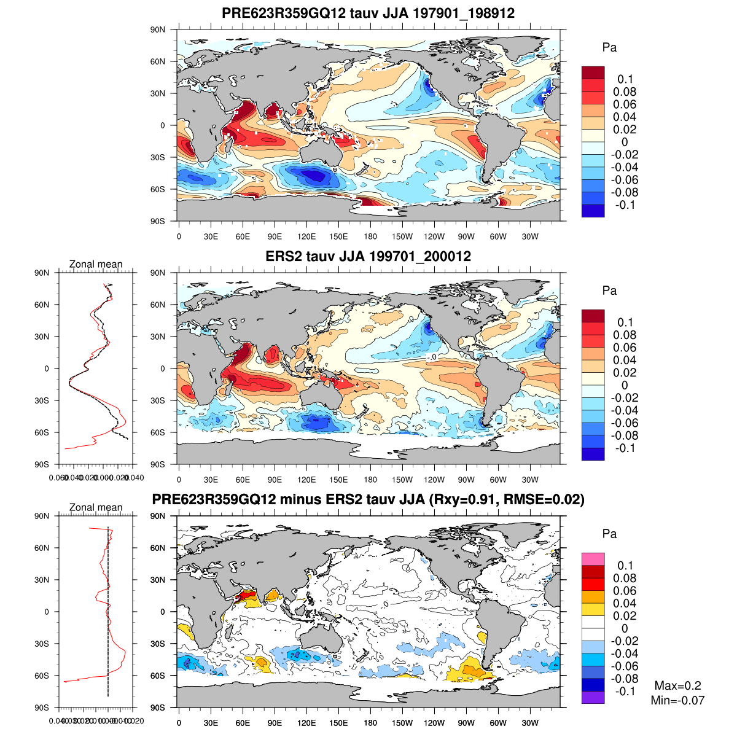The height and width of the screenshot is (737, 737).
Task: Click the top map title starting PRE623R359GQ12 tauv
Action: (368, 14)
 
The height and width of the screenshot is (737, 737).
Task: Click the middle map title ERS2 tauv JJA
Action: (368, 256)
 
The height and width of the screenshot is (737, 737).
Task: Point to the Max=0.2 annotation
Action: (677, 686)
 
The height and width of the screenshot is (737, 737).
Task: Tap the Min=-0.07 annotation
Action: (677, 700)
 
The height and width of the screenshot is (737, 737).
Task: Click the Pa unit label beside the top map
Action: (609, 47)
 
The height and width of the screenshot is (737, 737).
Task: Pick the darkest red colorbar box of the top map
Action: (593, 72)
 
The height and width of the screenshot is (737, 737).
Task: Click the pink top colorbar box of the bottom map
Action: (593, 559)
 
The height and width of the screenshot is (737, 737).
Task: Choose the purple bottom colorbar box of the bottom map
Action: (593, 697)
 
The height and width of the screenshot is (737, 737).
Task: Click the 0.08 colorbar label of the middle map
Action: (625, 335)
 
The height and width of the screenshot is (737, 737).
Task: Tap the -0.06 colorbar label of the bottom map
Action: (625, 666)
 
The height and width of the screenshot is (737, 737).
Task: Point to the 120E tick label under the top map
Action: (306, 236)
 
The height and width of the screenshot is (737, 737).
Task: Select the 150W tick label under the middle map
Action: (402, 480)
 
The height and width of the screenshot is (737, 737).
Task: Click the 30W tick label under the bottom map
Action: (530, 723)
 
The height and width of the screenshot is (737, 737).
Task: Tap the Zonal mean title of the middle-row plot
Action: (96, 264)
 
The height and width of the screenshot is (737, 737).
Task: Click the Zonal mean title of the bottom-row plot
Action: (96, 507)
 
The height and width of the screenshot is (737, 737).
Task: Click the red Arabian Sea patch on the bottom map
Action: (247, 595)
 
